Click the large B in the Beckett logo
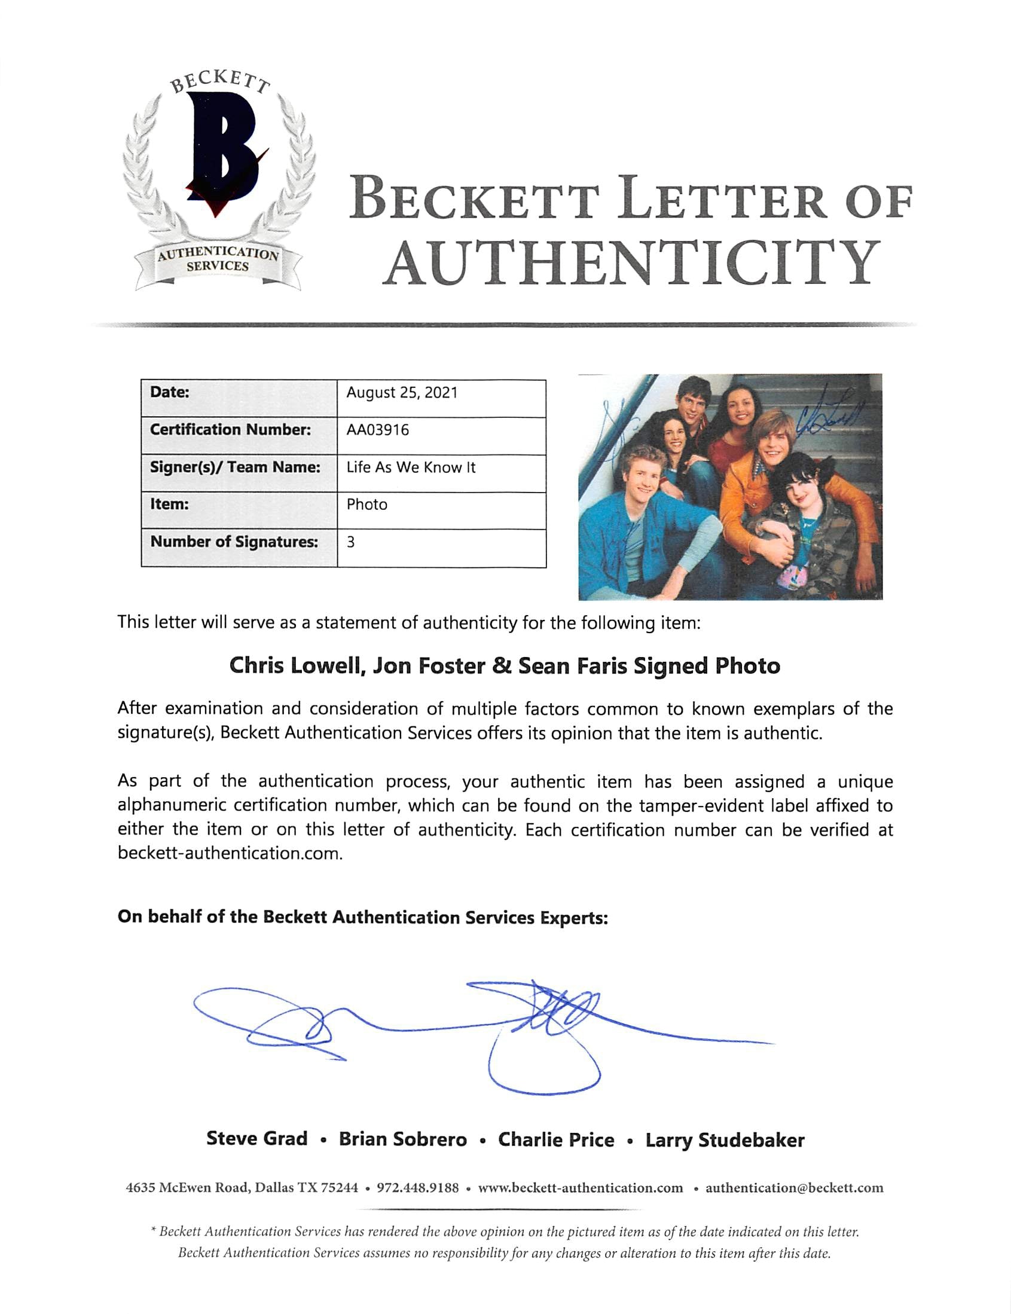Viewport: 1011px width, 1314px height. (222, 151)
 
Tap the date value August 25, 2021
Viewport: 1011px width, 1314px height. (401, 393)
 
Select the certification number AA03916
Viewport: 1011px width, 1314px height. (377, 430)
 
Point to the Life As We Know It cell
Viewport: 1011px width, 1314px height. (410, 467)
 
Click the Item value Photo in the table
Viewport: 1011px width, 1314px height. (366, 505)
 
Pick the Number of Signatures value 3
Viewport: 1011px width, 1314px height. (351, 542)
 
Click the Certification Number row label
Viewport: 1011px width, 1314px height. (231, 430)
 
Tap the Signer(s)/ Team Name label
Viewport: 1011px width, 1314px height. (236, 467)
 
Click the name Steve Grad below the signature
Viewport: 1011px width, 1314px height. (257, 1139)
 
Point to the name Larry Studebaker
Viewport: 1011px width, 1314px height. (725, 1140)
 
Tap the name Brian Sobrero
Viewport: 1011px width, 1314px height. (402, 1139)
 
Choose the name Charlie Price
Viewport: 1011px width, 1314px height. (556, 1139)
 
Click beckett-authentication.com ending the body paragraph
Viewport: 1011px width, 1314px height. (230, 854)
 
